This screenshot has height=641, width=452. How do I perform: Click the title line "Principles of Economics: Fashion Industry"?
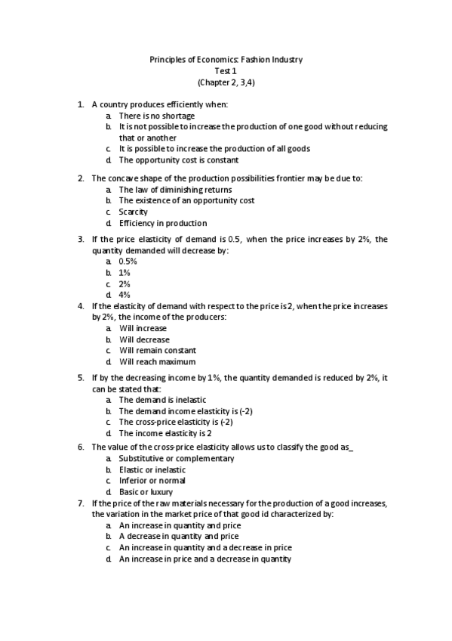(226, 60)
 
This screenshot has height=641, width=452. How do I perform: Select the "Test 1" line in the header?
(226, 71)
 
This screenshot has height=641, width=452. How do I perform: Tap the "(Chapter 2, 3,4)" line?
(226, 82)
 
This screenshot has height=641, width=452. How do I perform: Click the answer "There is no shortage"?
(156, 116)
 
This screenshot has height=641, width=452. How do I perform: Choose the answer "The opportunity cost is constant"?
(178, 160)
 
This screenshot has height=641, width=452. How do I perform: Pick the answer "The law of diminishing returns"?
(175, 190)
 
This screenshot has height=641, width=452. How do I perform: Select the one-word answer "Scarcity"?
(134, 212)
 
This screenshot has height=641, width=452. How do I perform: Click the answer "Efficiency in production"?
(162, 223)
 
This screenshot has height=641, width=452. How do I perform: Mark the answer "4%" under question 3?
(125, 294)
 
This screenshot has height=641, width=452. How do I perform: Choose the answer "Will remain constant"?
(157, 350)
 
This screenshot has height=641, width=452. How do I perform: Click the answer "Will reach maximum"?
(157, 361)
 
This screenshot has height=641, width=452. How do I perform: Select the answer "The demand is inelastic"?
(162, 399)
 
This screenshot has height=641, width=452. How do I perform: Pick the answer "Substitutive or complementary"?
(177, 458)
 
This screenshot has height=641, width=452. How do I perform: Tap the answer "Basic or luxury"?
(146, 491)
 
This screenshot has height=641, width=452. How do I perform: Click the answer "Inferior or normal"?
(152, 481)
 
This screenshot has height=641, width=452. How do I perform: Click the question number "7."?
(81, 503)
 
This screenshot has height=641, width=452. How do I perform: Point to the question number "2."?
(81, 178)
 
